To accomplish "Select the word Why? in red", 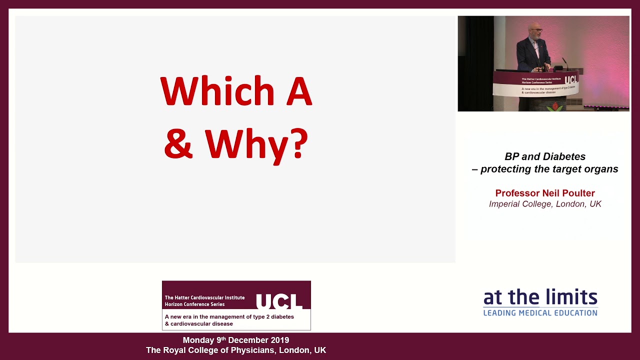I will coord(256,144).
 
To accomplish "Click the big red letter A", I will coord(299,92).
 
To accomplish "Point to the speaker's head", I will coord(535,30).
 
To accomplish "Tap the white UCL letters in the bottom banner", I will coord(279,301).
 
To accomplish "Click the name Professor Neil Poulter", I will coord(544,193).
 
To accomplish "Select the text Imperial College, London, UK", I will coord(544,204).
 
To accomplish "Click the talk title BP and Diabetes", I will coord(544,156).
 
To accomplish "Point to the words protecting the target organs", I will coord(549,169).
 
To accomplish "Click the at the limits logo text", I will coord(540,298).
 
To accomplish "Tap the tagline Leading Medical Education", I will coord(540,313).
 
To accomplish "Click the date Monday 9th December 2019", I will coord(235,340).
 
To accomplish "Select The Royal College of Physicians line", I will coord(235,350).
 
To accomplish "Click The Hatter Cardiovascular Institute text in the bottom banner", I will coord(204,297).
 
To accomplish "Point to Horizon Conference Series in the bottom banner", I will coord(194,304).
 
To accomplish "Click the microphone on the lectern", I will coord(564,63).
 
